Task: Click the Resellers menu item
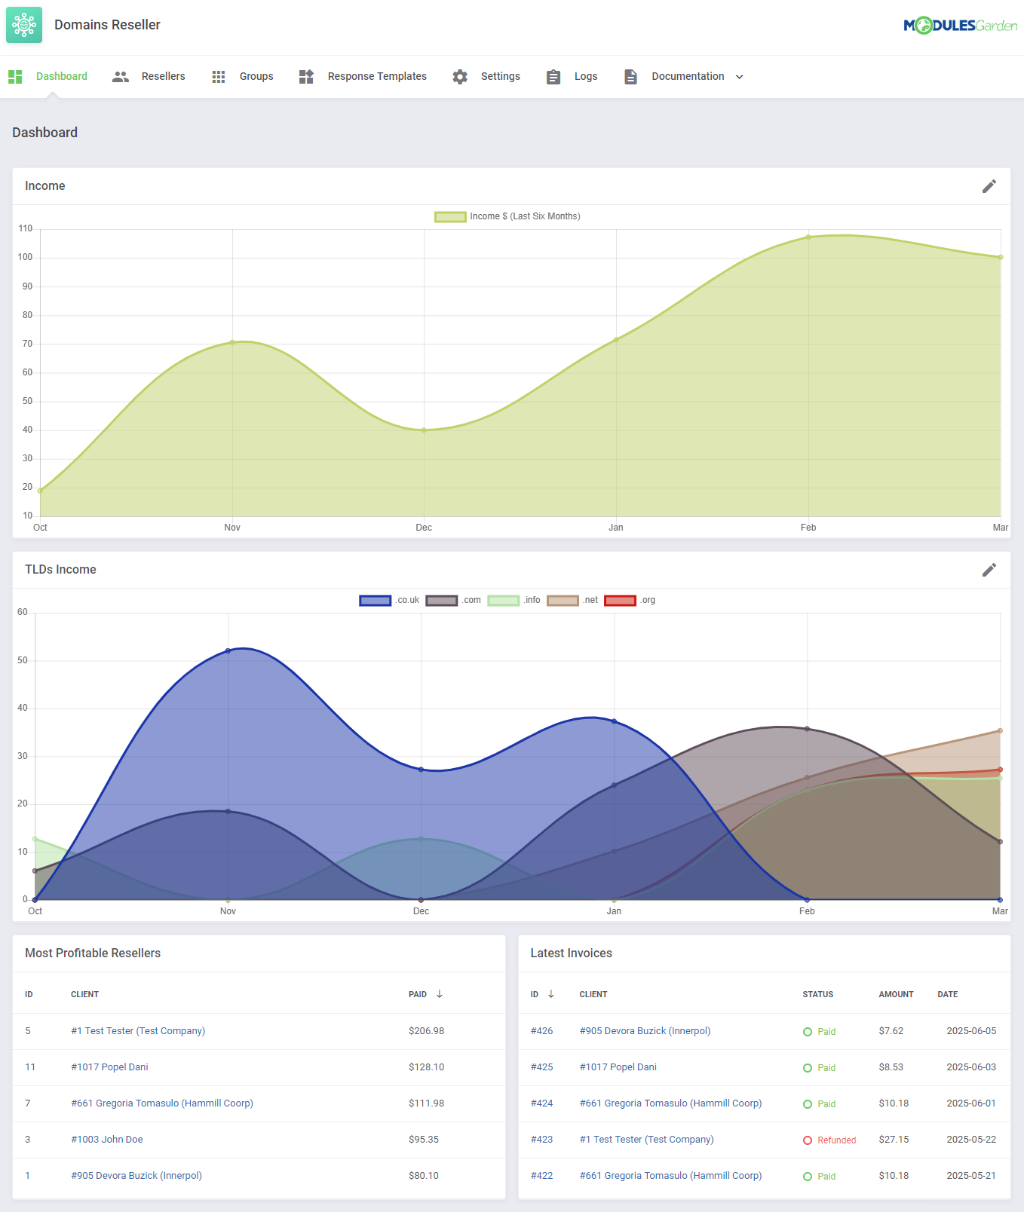tap(162, 76)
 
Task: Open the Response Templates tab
tap(376, 76)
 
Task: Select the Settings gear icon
tap(460, 77)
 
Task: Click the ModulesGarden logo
tap(960, 26)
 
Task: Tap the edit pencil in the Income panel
tap(989, 186)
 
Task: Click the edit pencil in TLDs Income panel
tap(989, 570)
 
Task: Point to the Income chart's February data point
tap(808, 237)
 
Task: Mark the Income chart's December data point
tap(424, 430)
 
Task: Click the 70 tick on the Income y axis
tap(28, 344)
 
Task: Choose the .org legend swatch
tap(621, 601)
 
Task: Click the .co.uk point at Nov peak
tap(228, 650)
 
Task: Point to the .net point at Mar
tap(1000, 730)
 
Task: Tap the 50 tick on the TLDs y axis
tap(23, 660)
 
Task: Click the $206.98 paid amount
tap(426, 1031)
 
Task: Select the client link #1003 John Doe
tap(107, 1140)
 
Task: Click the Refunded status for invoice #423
tap(836, 1140)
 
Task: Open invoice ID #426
tap(541, 1031)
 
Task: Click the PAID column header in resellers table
tap(418, 995)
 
